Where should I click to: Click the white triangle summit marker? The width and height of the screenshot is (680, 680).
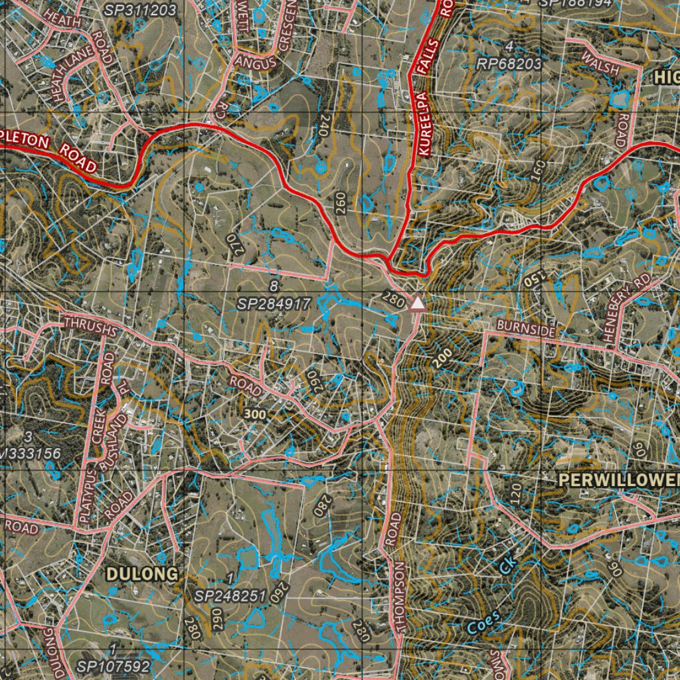[x=418, y=303]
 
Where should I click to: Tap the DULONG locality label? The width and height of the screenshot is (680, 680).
[x=142, y=574]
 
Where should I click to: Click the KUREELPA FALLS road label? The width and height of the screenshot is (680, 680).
[x=424, y=106]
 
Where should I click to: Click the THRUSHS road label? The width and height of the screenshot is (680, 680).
[x=91, y=325]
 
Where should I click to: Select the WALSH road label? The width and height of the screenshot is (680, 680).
[x=600, y=64]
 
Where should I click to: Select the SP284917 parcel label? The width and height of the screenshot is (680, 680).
[x=274, y=304]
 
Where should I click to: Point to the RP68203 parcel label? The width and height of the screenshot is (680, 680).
[x=509, y=63]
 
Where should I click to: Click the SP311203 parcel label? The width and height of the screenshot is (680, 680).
[x=140, y=10]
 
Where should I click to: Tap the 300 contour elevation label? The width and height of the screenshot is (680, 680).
[x=255, y=414]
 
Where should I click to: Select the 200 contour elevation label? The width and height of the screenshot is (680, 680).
[x=440, y=358]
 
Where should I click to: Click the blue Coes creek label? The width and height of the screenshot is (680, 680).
[x=483, y=623]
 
